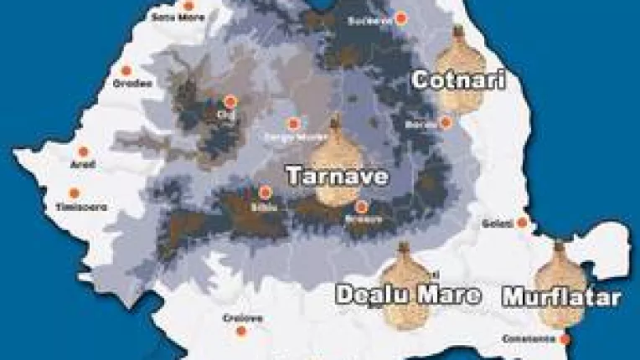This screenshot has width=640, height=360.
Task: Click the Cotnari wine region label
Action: click(x=457, y=80)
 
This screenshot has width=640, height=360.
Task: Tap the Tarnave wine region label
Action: click(x=336, y=177)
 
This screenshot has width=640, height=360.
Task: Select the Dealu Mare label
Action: click(x=408, y=295)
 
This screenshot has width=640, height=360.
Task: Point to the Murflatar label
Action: click(x=561, y=297)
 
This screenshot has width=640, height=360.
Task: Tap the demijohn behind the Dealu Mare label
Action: click(x=406, y=285)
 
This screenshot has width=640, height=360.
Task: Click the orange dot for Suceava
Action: click(x=402, y=17)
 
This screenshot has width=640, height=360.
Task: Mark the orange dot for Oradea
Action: click(x=126, y=71)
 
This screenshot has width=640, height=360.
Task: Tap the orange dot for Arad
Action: click(x=83, y=152)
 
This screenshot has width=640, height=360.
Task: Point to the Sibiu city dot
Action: click(x=265, y=192)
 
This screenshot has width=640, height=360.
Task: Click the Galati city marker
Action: click(x=522, y=223)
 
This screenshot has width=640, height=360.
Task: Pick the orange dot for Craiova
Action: click(x=241, y=332)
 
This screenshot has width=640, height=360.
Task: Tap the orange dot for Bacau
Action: click(x=446, y=123)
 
